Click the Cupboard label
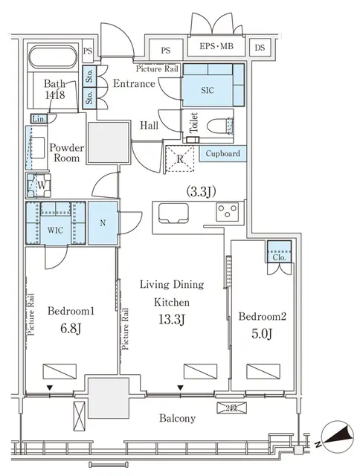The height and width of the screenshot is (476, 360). point(222,153)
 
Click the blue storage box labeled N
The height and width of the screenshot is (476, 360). point(102,222)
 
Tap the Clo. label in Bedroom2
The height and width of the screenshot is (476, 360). point(279,255)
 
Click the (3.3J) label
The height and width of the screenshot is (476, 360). point(201,191)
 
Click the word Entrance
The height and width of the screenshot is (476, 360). point(134,83)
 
